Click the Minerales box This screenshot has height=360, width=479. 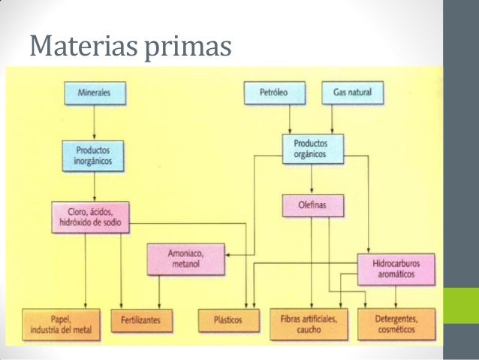[93, 93]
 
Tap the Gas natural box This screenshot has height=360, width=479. [347, 93]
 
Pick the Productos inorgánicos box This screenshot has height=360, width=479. [93, 155]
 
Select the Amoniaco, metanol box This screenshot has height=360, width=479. [185, 260]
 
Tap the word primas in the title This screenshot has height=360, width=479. [191, 48]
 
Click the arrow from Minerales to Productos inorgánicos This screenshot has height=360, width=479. [93, 121]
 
